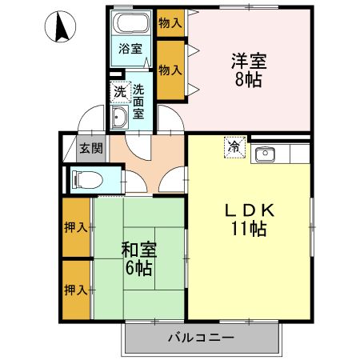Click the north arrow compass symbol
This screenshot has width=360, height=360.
point(60,29)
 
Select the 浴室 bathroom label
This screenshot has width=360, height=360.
point(130,49)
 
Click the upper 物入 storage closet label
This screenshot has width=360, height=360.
point(169,22)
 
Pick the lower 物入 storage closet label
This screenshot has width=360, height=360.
point(169,70)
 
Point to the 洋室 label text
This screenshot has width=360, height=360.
point(249,60)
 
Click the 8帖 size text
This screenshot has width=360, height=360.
point(249,79)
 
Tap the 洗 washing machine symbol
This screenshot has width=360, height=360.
point(119,93)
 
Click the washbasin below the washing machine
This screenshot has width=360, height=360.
point(119,118)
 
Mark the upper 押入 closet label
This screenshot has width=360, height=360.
point(77,227)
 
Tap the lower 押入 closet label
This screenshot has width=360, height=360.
point(77,289)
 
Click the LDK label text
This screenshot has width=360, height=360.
point(249,210)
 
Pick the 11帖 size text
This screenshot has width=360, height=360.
point(249,230)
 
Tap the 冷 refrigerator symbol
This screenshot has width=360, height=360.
point(234,147)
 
